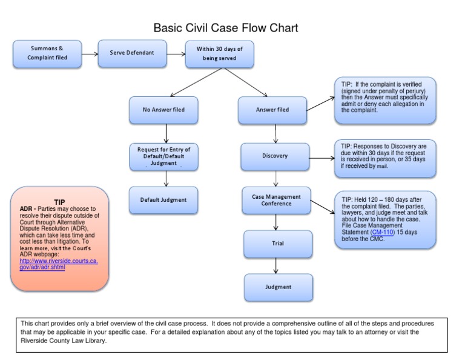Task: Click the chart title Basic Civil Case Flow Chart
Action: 225,28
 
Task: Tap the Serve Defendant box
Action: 131,53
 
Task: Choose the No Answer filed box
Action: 163,110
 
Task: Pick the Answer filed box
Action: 272,110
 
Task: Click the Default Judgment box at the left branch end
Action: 163,200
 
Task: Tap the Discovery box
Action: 275,156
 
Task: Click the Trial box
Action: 278,244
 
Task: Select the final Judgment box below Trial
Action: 278,287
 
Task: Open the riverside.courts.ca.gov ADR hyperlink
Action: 59,264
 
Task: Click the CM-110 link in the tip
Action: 381,232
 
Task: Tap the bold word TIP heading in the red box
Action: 59,202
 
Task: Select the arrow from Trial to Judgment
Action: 277,265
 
